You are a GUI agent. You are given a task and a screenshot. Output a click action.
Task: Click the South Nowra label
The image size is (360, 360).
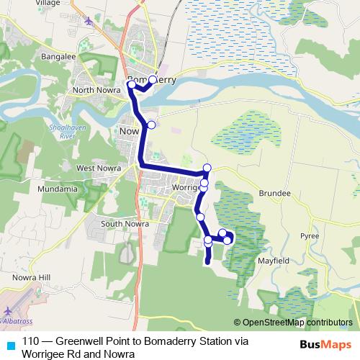(x=125, y=224)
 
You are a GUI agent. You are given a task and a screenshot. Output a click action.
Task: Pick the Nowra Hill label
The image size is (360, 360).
(x=32, y=277)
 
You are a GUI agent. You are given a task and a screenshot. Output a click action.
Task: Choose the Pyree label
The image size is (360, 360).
(x=310, y=235)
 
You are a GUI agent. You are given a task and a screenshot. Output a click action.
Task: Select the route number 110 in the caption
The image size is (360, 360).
(x=30, y=342)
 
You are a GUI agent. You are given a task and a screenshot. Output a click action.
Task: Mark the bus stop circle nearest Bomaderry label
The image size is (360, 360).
(x=152, y=80)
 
